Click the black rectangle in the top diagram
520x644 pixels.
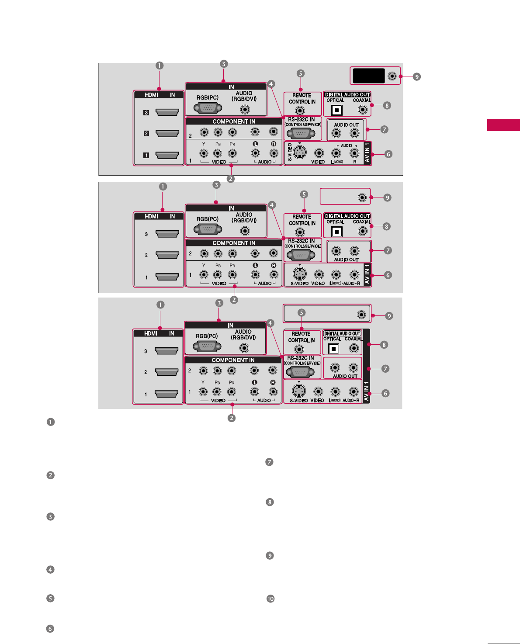coord(369,76)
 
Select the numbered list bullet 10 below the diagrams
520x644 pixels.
coord(270,599)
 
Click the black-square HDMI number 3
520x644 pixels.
coord(146,113)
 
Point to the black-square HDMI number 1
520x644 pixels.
coord(146,155)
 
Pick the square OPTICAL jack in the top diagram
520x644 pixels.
coord(336,110)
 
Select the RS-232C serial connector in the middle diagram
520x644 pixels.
coord(302,255)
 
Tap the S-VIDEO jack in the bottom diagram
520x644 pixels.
coord(298,391)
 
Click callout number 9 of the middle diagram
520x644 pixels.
coord(387,197)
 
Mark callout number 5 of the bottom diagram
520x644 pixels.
coord(302,312)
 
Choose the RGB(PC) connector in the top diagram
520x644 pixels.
coord(208,108)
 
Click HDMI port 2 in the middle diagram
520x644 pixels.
coord(167,255)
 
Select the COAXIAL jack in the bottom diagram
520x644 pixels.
coord(354,348)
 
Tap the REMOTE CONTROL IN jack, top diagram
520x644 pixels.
coord(300,111)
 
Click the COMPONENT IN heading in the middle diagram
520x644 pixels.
coord(234,243)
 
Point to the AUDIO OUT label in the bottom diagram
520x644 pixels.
coord(345,376)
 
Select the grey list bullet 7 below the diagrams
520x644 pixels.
coord(270,462)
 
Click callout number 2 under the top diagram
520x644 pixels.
coord(231,178)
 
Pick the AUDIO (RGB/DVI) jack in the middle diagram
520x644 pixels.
coord(246,231)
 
